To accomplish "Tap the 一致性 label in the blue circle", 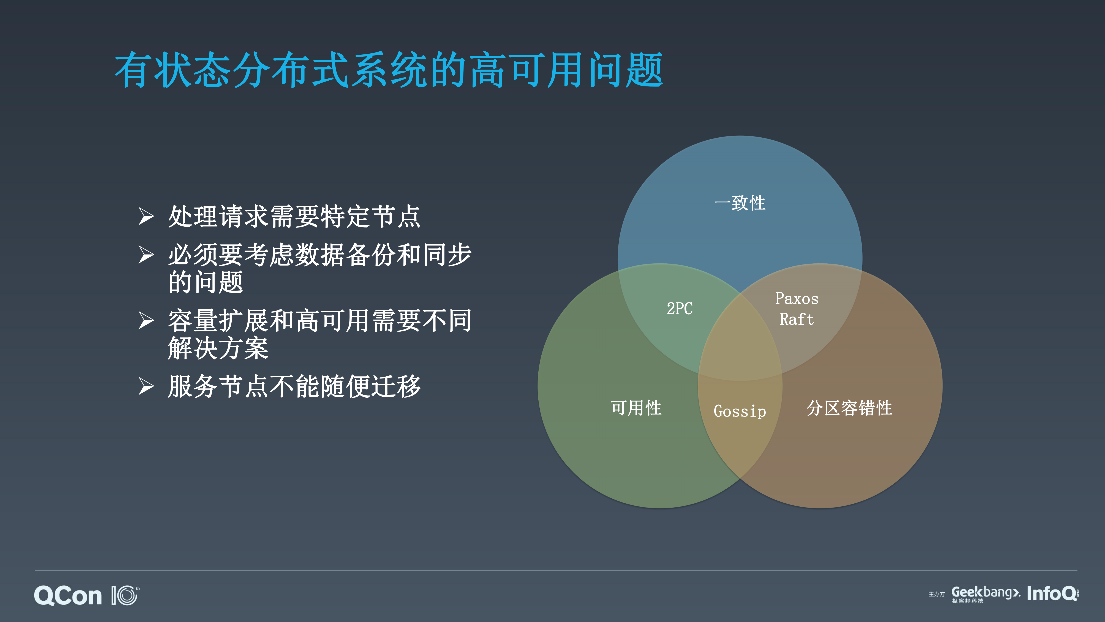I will (740, 203).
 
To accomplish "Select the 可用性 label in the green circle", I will (636, 408).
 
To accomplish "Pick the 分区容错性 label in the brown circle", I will (849, 408).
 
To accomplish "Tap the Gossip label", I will (740, 411).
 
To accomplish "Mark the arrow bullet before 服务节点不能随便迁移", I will (146, 386).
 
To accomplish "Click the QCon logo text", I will (68, 596).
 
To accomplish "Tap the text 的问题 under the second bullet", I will (206, 282).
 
